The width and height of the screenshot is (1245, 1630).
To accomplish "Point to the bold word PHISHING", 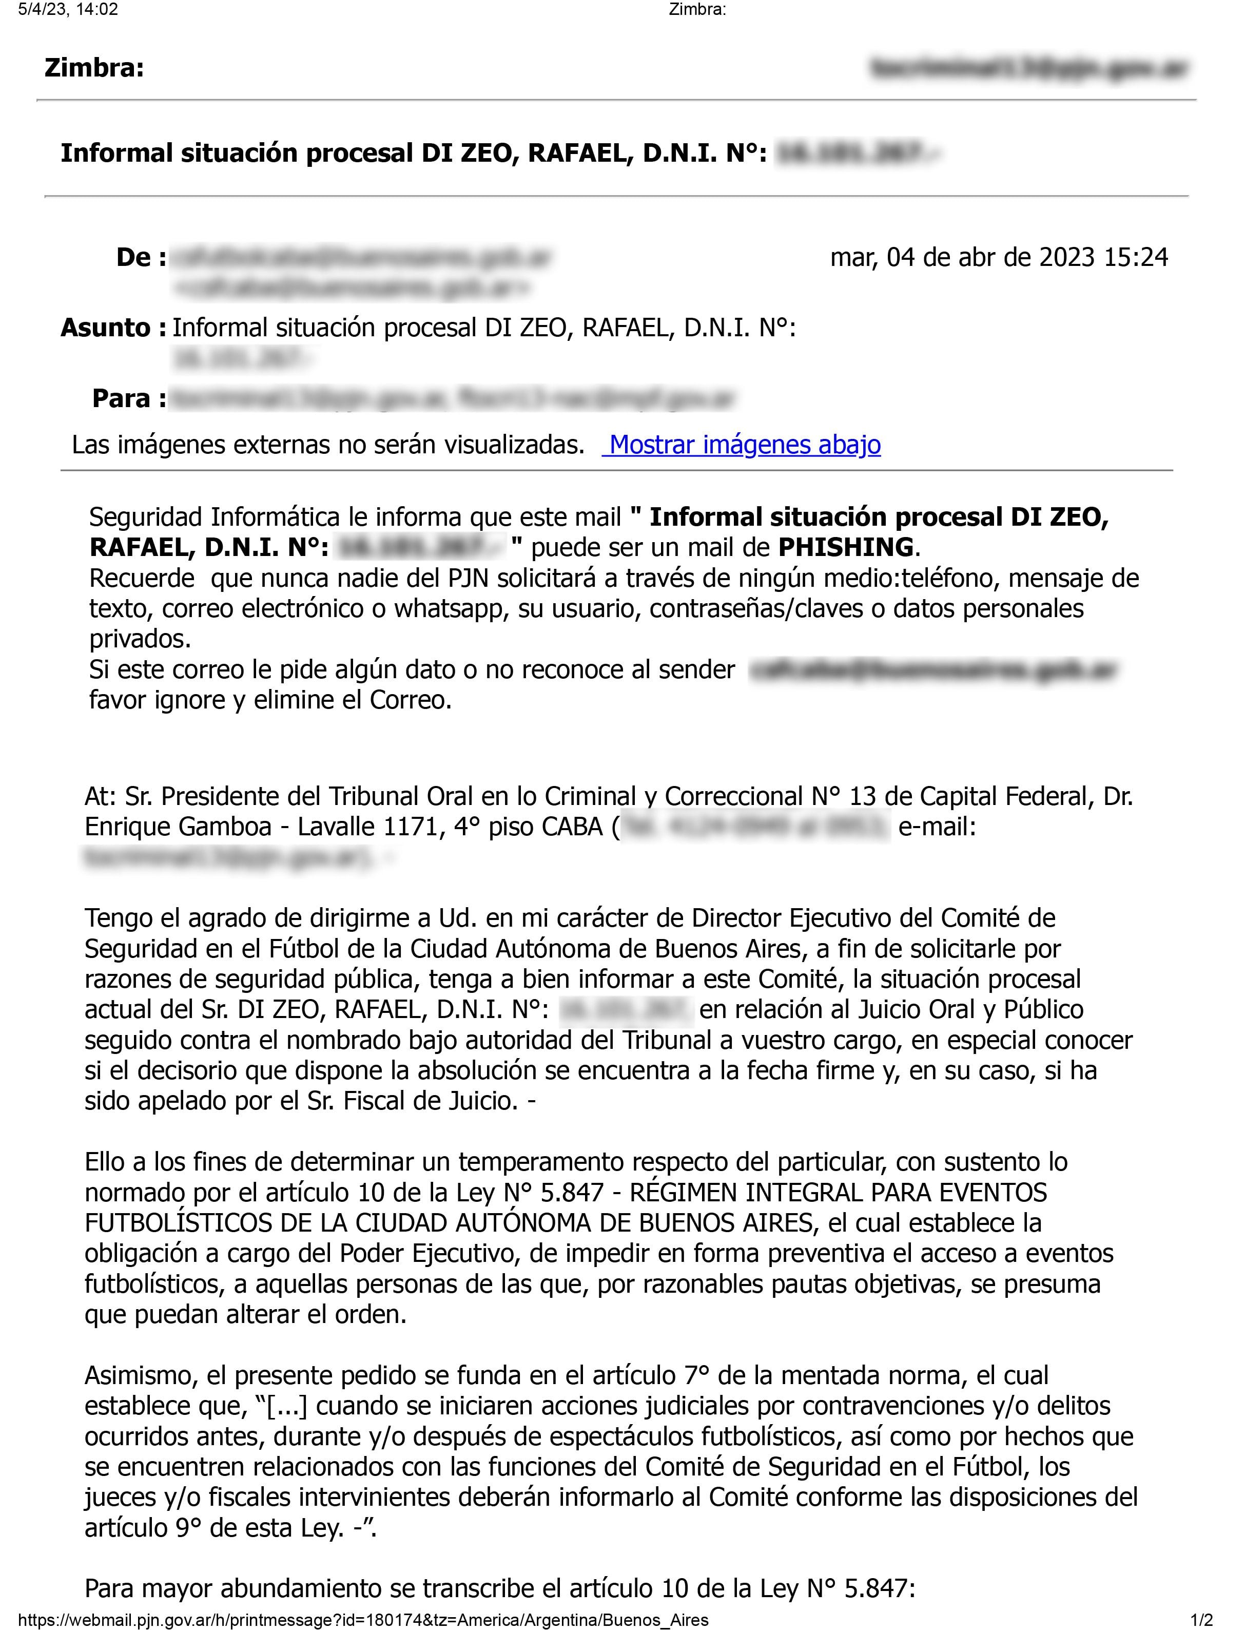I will click(x=845, y=547).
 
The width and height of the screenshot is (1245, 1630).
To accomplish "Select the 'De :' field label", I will click(x=141, y=257).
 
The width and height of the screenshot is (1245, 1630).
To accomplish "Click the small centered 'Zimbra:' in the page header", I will click(x=696, y=10).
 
